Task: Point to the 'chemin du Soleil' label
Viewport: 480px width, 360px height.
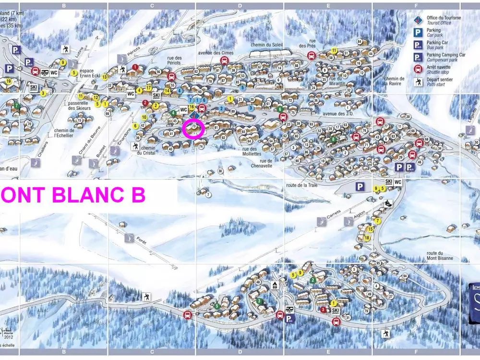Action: tap(267, 45)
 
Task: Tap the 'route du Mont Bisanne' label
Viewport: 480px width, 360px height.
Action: tap(440, 256)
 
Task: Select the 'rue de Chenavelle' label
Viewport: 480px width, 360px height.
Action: tap(262, 163)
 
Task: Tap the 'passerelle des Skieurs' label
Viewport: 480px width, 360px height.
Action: tap(79, 106)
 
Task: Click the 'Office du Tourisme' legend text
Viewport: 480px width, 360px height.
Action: tap(444, 18)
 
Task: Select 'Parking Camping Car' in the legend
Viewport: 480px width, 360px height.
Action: tap(446, 55)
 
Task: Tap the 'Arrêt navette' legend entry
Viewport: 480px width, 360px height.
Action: tap(437, 67)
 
